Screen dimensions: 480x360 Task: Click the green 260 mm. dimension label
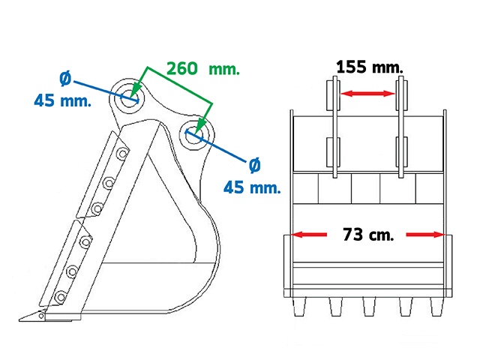[203, 68]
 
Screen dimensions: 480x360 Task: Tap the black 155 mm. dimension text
[370, 67]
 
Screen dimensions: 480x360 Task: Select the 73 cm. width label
[368, 235]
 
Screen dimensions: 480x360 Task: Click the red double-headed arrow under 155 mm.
[368, 93]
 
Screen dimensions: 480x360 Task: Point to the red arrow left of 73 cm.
[308, 235]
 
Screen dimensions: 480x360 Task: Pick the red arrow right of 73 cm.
[425, 235]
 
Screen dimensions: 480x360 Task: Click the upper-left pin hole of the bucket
[130, 97]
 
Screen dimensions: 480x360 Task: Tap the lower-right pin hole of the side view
[194, 134]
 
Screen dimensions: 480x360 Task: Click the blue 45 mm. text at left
[63, 100]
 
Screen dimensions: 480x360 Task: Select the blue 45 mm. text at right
[252, 187]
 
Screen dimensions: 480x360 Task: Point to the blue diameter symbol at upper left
[65, 78]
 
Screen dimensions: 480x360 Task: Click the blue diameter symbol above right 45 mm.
[255, 165]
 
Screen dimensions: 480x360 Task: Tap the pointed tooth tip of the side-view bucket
[19, 320]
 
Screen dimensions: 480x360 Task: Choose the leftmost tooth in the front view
[299, 307]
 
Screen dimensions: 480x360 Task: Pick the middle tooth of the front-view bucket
[369, 307]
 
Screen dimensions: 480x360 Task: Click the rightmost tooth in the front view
[436, 307]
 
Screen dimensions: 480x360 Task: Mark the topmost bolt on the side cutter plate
[123, 153]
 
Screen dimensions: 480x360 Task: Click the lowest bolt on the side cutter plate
[60, 297]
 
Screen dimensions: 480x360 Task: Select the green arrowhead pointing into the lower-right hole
[201, 126]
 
